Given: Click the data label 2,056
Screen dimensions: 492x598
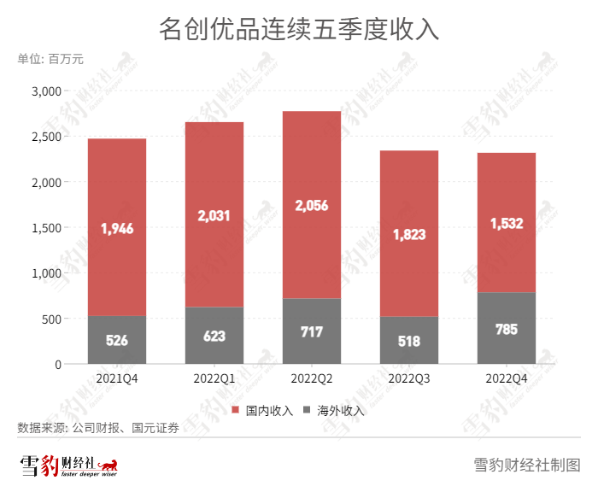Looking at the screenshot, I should [x=311, y=206].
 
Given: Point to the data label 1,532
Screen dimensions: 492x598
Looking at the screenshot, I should [x=507, y=224].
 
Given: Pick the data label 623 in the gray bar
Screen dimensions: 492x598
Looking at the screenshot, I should [x=214, y=336].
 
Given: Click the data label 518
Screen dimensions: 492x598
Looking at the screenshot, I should [x=409, y=341].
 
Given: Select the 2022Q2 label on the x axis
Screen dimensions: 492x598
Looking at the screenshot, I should [x=311, y=378].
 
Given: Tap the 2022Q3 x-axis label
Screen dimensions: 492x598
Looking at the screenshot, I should [x=409, y=378].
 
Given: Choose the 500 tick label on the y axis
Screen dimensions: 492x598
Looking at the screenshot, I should [x=52, y=319].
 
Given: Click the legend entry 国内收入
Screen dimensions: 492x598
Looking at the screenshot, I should [x=262, y=411].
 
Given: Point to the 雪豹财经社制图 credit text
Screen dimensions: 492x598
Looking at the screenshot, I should [x=526, y=466].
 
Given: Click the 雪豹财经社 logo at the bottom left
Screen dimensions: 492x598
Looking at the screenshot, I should [x=68, y=466].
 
